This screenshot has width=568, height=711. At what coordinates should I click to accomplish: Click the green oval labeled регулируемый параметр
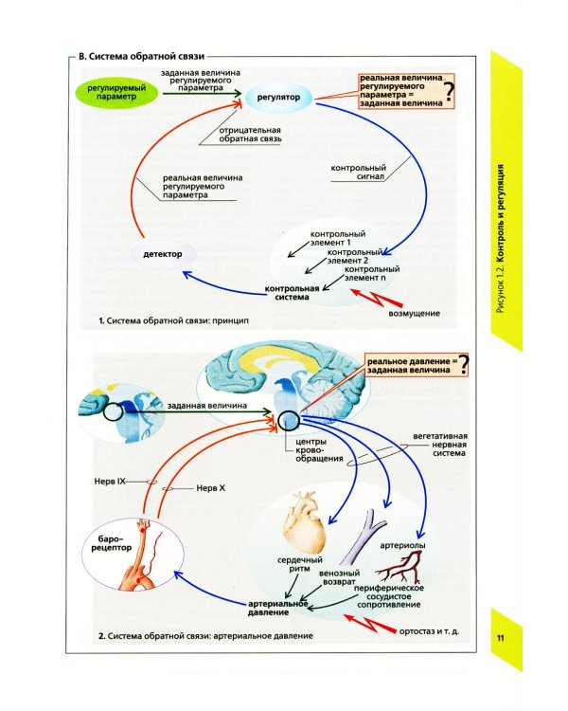[116, 93]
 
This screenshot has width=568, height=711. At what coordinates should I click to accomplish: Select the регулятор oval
[278, 97]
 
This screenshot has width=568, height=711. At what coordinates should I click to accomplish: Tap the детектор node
[163, 254]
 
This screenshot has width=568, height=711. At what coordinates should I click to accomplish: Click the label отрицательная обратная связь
[250, 135]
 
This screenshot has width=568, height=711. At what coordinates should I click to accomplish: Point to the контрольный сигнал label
[358, 173]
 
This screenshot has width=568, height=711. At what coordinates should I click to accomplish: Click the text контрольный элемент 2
[355, 256]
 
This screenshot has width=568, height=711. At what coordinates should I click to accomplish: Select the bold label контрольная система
[292, 293]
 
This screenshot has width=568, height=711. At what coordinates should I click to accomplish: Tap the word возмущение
[414, 314]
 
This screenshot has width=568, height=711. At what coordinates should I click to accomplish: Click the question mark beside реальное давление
[463, 365]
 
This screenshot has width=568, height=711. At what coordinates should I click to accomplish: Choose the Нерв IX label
[110, 481]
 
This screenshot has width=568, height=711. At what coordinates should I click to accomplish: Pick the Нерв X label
[210, 488]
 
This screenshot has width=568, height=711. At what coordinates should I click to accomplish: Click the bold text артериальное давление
[277, 608]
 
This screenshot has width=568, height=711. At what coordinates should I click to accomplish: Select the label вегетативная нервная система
[440, 445]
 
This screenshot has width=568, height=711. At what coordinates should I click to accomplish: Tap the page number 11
[500, 638]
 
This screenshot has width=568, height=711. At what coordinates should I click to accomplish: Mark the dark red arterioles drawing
[399, 568]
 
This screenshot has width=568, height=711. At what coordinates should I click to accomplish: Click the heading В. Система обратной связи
[141, 57]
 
